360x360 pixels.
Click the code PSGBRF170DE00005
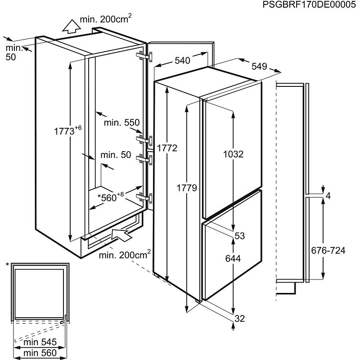(x=309, y=4)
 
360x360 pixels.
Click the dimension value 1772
(x=167, y=148)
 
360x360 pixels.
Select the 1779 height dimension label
(x=187, y=188)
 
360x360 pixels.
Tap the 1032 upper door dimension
(x=233, y=154)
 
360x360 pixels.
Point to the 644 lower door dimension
(x=233, y=258)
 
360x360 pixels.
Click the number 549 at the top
(x=260, y=66)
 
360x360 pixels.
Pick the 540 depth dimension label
(x=182, y=60)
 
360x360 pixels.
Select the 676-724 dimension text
(x=328, y=250)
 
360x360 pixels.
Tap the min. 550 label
(x=121, y=122)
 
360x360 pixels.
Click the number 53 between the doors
(x=240, y=236)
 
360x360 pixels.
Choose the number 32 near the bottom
(x=240, y=319)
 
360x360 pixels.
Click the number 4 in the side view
(x=328, y=196)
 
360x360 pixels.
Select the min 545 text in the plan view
(x=40, y=342)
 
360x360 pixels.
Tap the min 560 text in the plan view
(x=40, y=353)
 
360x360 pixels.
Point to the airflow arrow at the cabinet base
(x=121, y=234)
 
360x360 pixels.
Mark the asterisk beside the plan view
(x=7, y=265)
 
